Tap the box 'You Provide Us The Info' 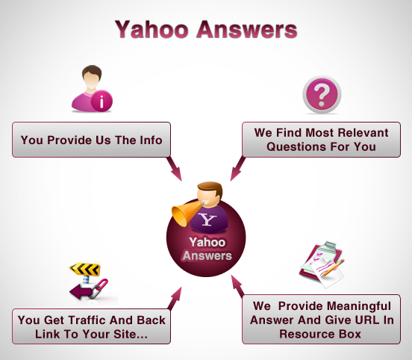(91, 140)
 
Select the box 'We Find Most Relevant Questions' (321, 140)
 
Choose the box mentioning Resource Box (321, 319)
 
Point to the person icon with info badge (91, 88)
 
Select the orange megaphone (186, 213)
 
